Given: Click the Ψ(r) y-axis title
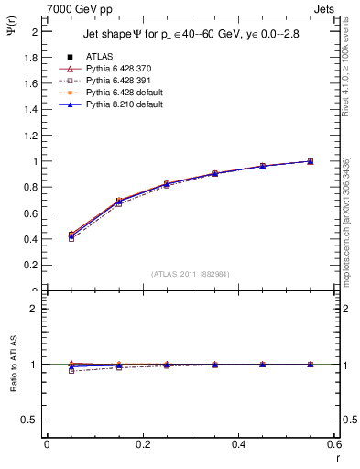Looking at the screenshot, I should click(10, 27).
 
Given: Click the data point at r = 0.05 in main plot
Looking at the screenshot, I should click(71, 235).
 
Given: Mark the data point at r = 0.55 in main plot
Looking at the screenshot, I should click(310, 161).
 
